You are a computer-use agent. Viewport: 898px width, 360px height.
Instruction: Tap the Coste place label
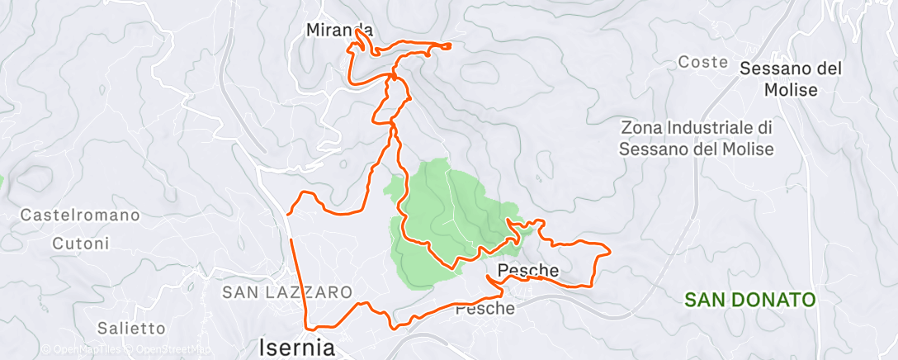702,62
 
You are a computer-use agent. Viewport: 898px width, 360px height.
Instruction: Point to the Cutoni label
80,244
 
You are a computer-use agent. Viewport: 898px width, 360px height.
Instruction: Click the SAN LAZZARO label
287,292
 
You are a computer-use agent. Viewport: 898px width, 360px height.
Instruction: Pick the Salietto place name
131,328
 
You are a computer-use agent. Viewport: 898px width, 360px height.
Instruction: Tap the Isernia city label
297,347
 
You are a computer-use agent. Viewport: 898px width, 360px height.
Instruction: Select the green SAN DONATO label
750,299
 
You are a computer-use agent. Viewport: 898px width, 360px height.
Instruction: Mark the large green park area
437,215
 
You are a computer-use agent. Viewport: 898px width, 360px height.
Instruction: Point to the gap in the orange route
289,228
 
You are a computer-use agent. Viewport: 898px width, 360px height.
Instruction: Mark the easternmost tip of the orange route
609,251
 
